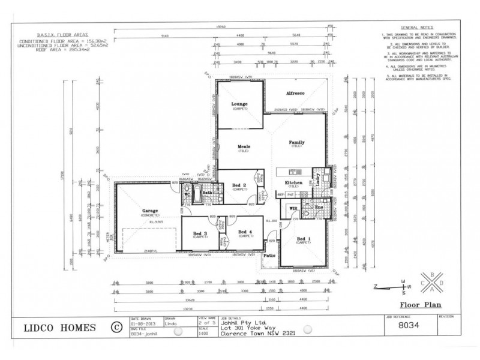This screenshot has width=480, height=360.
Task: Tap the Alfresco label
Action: click(x=296, y=94)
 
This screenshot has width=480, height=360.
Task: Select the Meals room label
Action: click(x=243, y=146)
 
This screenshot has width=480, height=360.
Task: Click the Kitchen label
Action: click(x=293, y=182)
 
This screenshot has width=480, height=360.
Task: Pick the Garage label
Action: click(x=150, y=211)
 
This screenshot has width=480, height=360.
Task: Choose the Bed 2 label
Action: click(x=239, y=185)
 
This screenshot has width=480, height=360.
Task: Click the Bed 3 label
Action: click(x=200, y=233)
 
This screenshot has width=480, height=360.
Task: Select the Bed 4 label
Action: click(x=246, y=232)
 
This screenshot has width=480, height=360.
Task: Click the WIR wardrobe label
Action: click(x=293, y=209)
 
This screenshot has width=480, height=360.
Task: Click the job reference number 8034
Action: click(x=410, y=328)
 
